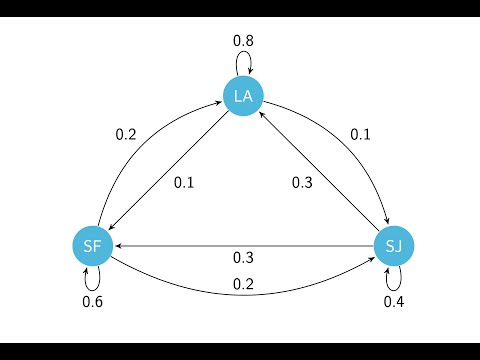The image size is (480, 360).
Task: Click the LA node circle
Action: [x=242, y=97]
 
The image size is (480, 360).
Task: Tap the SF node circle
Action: [x=91, y=245]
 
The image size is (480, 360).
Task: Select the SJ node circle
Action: [x=393, y=245]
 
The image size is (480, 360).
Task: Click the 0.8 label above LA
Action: [x=243, y=41]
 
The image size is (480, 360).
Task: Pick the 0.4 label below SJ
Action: [x=395, y=301]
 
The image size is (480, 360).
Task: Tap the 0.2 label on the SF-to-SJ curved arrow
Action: [x=243, y=284]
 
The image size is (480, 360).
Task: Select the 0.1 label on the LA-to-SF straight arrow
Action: [x=184, y=182]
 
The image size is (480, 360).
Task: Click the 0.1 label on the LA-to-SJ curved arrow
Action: [x=360, y=133]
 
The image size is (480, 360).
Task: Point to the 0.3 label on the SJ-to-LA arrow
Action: [x=302, y=182]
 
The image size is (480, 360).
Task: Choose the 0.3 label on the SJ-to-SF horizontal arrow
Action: [x=243, y=257]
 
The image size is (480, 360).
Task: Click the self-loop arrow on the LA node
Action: [x=243, y=63]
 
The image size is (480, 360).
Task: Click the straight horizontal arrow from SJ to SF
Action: [x=243, y=245]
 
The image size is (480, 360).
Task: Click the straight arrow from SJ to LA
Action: [x=318, y=171]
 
